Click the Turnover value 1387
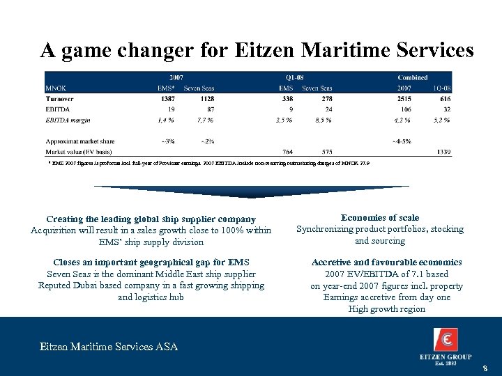tap(167, 100)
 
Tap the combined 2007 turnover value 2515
tap(404, 100)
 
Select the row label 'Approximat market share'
tap(80, 141)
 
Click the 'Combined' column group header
tap(413, 77)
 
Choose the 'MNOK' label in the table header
tap(56, 88)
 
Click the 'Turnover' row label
tap(61, 100)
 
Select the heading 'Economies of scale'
tap(379, 217)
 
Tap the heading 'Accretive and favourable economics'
tap(386, 263)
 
